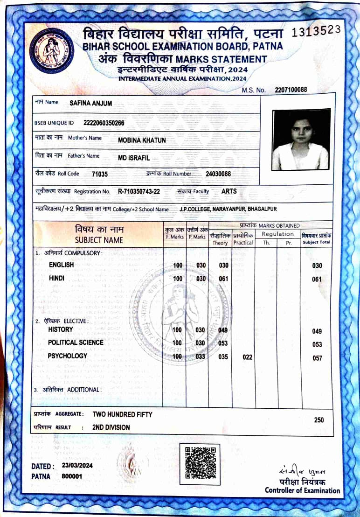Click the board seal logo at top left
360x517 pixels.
51,50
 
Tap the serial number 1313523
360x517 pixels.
316,31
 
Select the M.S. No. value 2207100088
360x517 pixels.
291,90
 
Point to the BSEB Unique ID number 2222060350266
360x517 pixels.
104,123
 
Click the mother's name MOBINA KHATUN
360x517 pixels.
142,140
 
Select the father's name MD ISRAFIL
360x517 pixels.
134,158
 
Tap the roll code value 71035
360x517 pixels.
100,174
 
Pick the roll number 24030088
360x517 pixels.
218,174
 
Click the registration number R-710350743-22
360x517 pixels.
139,191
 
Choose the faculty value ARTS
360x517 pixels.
229,191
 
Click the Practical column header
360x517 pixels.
243,243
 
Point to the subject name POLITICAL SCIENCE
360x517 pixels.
76,342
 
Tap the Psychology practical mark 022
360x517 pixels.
248,357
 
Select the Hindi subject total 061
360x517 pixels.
317,280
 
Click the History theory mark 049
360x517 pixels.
222,330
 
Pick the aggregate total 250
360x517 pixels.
318,420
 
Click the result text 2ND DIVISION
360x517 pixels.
111,427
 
